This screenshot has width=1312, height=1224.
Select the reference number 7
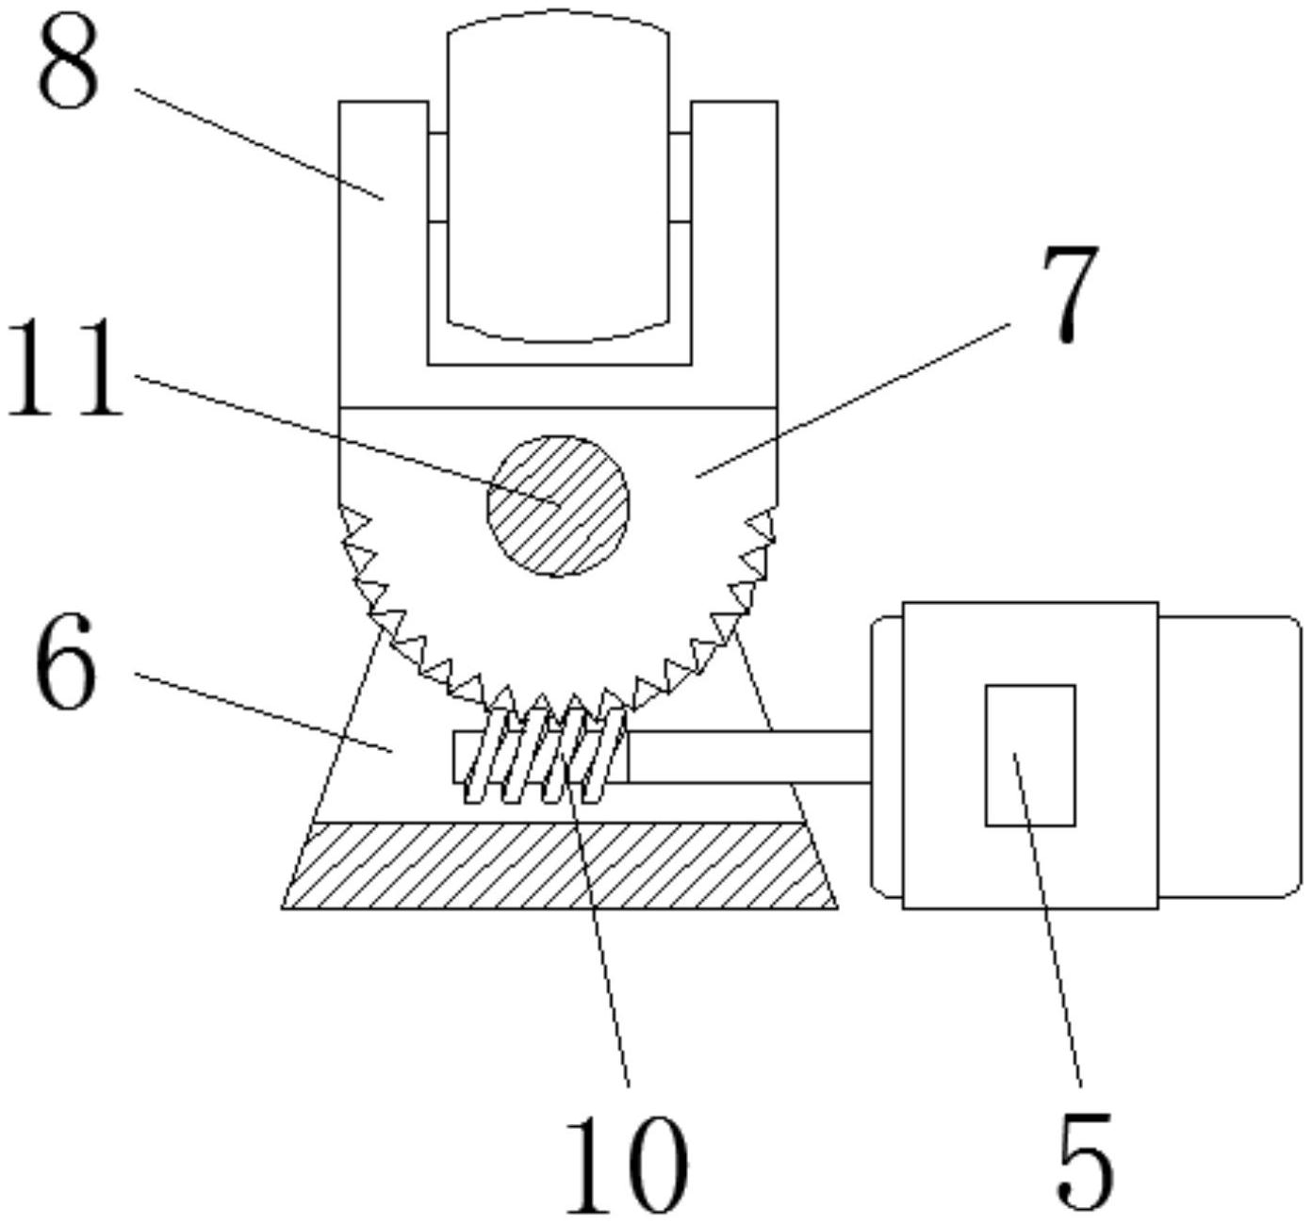[1070, 295]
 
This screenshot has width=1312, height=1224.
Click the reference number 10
[625, 1165]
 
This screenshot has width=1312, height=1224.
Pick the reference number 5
[1084, 1160]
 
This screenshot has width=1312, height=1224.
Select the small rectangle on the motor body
[1029, 755]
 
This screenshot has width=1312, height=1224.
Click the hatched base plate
[560, 865]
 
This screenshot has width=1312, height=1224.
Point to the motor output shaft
[749, 756]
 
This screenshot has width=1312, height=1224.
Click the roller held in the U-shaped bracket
[558, 179]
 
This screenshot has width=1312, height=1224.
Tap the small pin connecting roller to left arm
[437, 177]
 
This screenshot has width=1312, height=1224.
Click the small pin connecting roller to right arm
[681, 177]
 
